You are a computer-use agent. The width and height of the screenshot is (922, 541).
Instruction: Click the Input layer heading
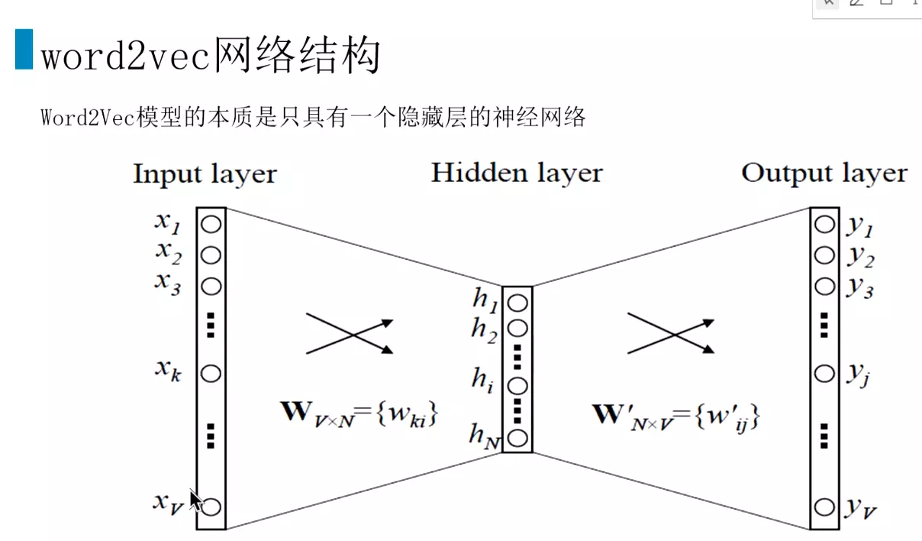(205, 174)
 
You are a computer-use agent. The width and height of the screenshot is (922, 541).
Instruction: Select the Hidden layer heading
(517, 173)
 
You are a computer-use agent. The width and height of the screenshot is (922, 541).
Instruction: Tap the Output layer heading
(824, 173)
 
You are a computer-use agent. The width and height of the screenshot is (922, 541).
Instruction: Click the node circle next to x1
(211, 225)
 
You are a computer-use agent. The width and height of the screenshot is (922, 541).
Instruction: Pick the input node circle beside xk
(211, 374)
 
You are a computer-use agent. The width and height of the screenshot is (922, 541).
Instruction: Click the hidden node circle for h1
(517, 303)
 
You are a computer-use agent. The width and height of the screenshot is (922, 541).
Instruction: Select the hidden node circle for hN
(517, 439)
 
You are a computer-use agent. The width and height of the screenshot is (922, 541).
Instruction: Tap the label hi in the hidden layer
(482, 379)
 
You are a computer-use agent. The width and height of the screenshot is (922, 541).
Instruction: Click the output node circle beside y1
(824, 225)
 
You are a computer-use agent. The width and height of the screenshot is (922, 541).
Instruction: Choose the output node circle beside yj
(824, 374)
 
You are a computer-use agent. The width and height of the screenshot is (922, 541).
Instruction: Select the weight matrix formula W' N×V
(678, 416)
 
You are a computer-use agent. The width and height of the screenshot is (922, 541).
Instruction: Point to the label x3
(168, 283)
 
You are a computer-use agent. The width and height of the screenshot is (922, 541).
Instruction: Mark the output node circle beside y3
(824, 287)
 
